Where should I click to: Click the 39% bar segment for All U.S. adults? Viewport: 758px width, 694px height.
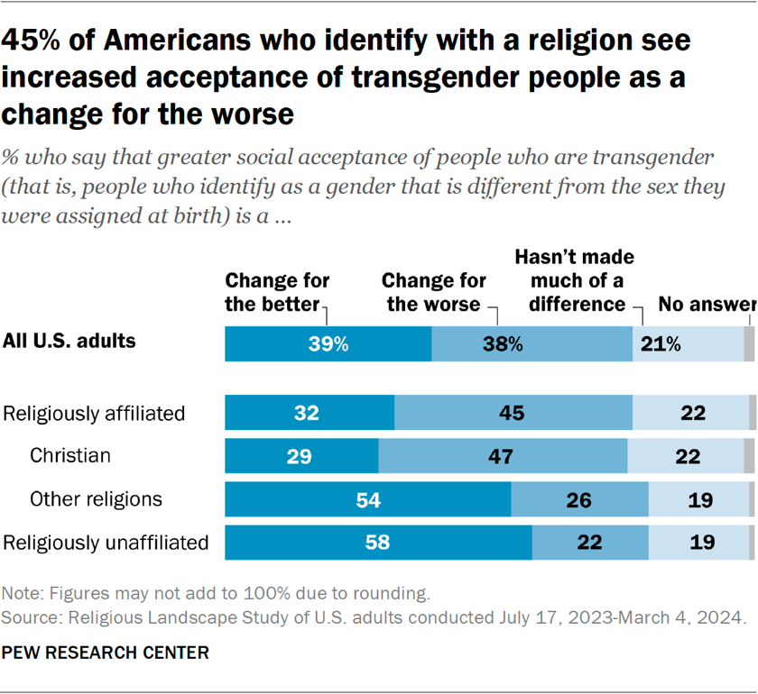click(x=328, y=344)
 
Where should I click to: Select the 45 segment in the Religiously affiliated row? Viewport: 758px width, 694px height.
click(x=513, y=413)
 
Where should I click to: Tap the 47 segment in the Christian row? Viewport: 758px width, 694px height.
click(x=503, y=455)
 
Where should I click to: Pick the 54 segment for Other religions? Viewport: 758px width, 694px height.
click(x=368, y=498)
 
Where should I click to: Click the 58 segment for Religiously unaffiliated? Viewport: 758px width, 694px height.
click(x=378, y=542)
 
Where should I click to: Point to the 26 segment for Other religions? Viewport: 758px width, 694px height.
click(x=579, y=498)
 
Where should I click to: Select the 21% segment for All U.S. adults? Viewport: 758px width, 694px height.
click(x=687, y=344)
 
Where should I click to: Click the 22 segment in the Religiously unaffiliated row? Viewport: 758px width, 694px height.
click(x=590, y=542)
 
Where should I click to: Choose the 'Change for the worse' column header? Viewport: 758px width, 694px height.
click(x=435, y=292)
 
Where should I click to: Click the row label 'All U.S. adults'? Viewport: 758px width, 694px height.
click(x=69, y=341)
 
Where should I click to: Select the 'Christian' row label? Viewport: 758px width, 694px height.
click(x=70, y=455)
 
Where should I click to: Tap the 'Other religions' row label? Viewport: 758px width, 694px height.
click(x=96, y=498)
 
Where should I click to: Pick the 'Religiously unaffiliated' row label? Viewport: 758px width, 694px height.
click(x=106, y=542)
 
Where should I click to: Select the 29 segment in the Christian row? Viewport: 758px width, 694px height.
click(x=301, y=455)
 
